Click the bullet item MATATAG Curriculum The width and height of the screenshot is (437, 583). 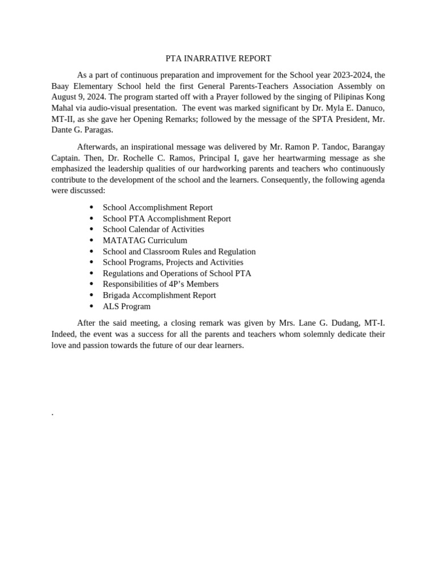[145, 240]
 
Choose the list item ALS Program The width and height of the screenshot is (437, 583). [126, 306]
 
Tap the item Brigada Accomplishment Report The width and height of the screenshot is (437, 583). [159, 295]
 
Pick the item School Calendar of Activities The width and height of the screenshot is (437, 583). [153, 229]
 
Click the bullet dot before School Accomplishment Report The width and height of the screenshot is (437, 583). [91, 208]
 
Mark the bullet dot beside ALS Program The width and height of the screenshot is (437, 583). [91, 306]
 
